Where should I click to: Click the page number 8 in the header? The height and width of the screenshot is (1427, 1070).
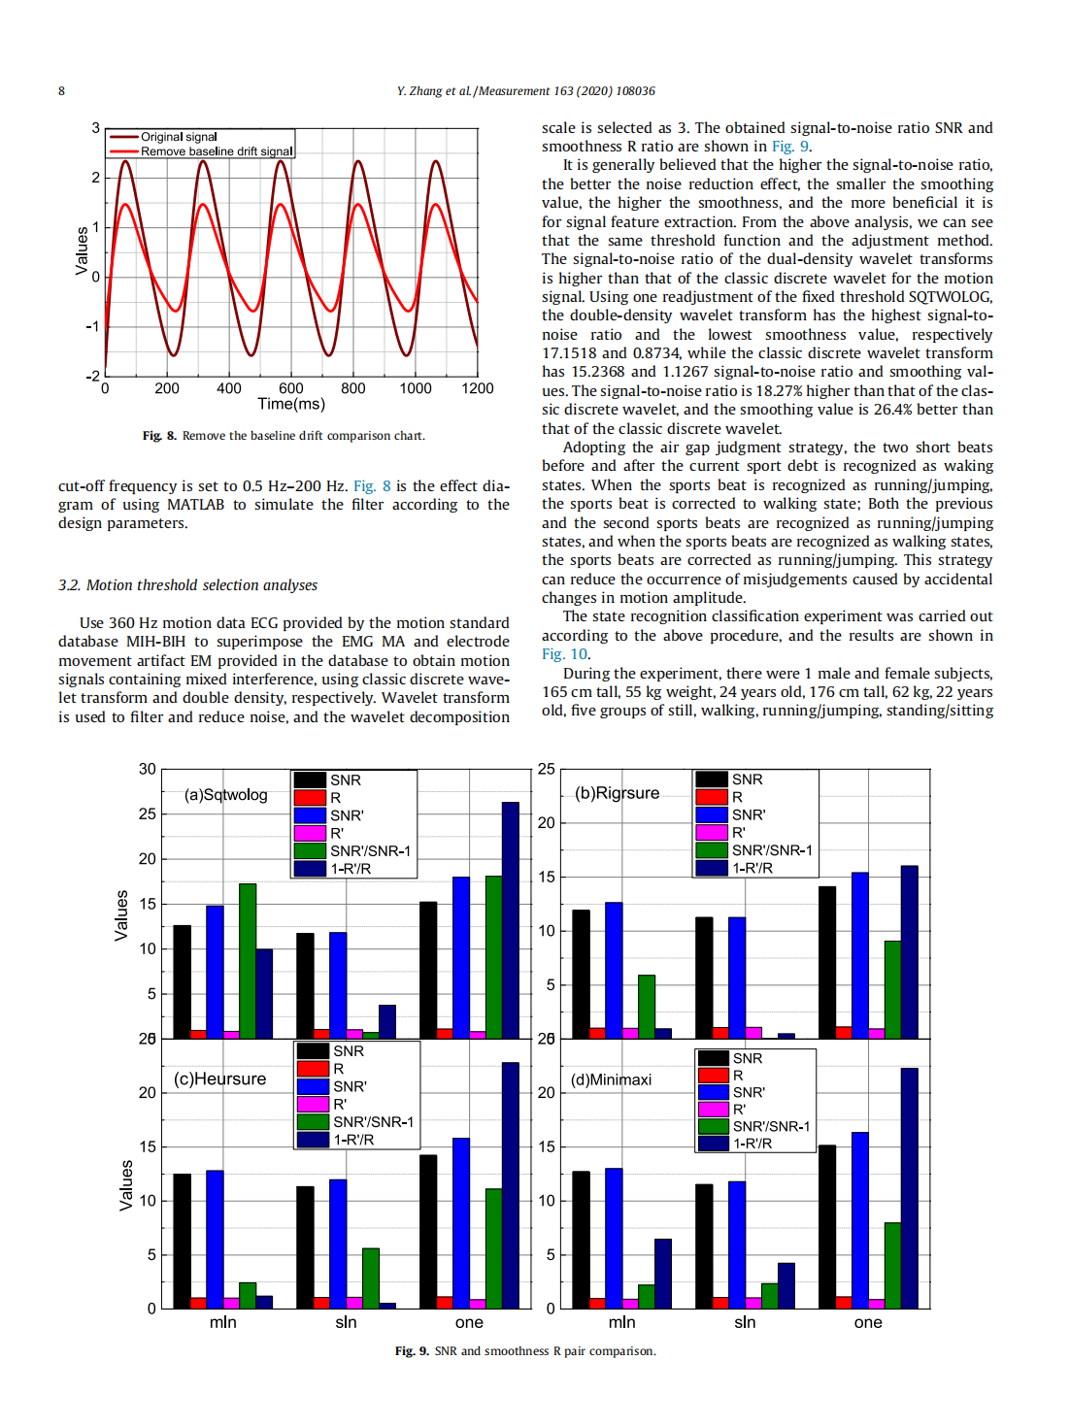pos(61,91)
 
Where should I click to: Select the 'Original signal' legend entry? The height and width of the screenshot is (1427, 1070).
pos(179,137)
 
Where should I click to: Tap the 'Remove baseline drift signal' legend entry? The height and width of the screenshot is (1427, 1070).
pos(216,151)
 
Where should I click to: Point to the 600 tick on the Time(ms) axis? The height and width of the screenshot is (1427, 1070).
pos(291,388)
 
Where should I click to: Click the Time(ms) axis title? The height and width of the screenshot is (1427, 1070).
pos(291,404)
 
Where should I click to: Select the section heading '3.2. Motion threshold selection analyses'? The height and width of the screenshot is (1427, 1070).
pos(187,585)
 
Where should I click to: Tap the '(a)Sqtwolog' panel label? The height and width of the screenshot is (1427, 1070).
pos(225,795)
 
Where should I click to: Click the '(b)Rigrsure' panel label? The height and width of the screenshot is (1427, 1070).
pos(617,793)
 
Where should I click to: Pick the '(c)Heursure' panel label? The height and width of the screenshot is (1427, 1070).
pos(219,1079)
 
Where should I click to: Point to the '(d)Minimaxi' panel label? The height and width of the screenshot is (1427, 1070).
pos(611,1079)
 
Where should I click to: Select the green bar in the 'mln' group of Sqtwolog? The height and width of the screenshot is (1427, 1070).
pos(248,961)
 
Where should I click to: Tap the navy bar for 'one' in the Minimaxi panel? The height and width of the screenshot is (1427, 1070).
pos(909,1188)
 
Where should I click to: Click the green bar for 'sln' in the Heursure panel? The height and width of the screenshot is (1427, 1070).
pos(371,1278)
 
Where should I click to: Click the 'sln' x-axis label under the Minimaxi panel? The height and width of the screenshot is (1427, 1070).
pos(745,1322)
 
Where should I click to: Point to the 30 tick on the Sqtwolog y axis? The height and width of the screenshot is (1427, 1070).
pos(147,769)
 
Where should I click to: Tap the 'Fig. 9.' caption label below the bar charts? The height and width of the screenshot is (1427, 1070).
pos(412,1351)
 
